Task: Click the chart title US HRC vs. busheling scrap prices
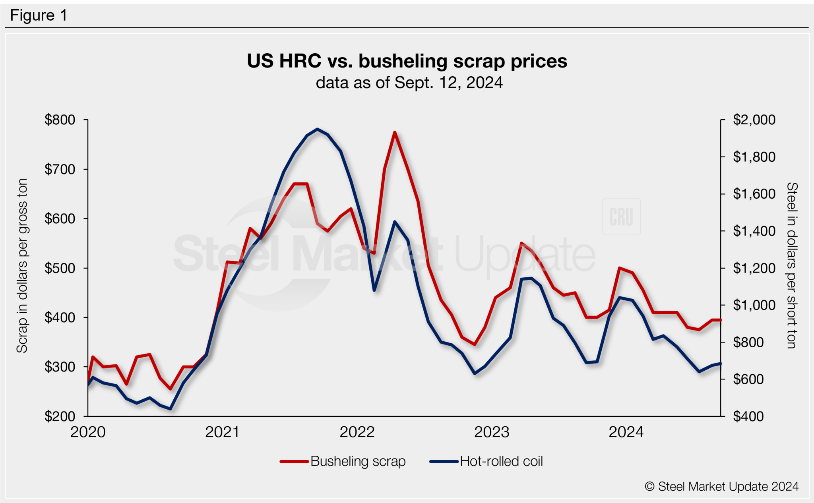(407, 61)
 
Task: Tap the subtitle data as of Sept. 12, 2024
(409, 83)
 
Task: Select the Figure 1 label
(39, 15)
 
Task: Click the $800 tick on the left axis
(60, 120)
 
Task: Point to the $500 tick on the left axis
(60, 268)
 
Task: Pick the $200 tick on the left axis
(60, 416)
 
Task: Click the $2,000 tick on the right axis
(754, 120)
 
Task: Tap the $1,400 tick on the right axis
(754, 231)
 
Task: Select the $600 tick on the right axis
(748, 379)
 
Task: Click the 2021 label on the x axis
(222, 432)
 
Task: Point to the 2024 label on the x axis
(626, 432)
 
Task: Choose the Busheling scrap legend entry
(343, 461)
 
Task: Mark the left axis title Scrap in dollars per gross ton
(22, 265)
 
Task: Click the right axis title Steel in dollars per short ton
(792, 265)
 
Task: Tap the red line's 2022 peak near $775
(395, 132)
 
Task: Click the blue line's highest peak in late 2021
(317, 129)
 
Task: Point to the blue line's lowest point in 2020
(171, 408)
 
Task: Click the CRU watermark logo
(621, 217)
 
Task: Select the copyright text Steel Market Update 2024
(721, 486)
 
